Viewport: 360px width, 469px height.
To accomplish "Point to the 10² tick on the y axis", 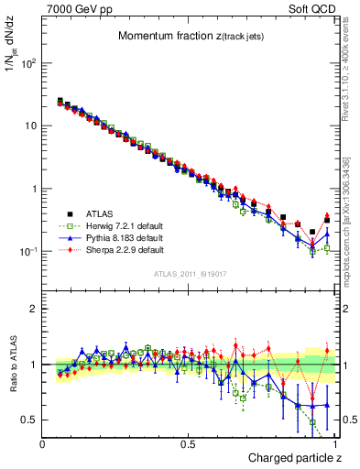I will pyautogui.click(x=29, y=64).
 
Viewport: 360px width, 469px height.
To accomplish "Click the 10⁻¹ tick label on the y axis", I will pyautogui.click(x=29, y=251).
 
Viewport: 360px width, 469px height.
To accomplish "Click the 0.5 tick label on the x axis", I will pyautogui.click(x=189, y=443).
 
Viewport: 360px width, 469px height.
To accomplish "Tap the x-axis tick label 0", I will pyautogui.click(x=43, y=443).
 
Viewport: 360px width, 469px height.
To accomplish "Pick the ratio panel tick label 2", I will pyautogui.click(x=34, y=309).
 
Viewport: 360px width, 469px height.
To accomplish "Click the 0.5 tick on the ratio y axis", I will pyautogui.click(x=30, y=420).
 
